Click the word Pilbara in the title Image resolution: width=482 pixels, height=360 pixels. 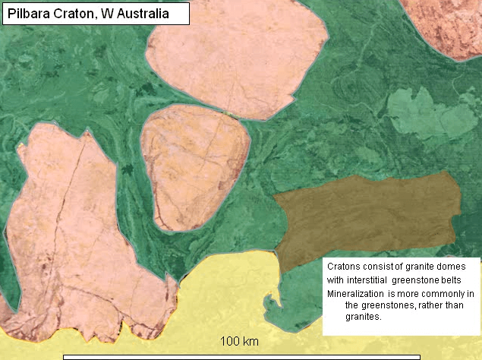pyautogui.click(x=30, y=12)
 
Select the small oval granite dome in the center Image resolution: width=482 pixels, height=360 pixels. pyautogui.click(x=194, y=166)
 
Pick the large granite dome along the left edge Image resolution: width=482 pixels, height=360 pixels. pyautogui.click(x=68, y=228)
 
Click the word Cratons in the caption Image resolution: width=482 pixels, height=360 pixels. pyautogui.click(x=344, y=267)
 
